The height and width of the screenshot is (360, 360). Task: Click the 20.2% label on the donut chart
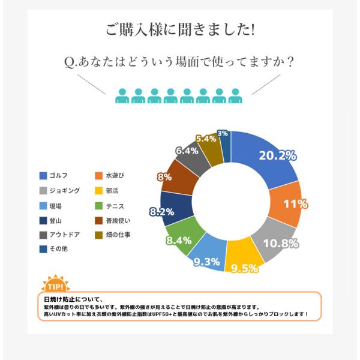click(278, 155)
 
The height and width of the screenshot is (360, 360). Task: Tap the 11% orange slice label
click(296, 203)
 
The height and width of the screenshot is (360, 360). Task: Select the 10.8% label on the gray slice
click(281, 244)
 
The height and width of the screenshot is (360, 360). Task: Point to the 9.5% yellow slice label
click(245, 268)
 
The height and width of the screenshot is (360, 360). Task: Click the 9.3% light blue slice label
click(206, 262)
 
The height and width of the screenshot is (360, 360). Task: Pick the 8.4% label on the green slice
click(179, 241)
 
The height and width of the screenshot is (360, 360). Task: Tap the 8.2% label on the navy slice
click(161, 212)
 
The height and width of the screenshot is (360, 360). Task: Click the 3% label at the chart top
click(223, 133)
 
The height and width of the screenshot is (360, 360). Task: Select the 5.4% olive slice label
click(206, 139)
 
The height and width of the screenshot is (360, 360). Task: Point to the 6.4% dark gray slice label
click(187, 151)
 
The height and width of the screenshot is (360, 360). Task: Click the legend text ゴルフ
click(59, 176)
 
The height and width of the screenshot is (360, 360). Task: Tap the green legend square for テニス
click(99, 206)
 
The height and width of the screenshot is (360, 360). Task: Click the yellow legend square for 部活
click(99, 191)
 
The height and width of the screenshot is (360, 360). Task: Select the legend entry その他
click(53, 249)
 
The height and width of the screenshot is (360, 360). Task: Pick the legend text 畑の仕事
click(118, 235)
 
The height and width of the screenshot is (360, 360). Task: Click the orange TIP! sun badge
click(56, 284)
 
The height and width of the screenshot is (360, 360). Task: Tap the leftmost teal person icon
click(122, 96)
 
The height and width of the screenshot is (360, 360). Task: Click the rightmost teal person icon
click(235, 96)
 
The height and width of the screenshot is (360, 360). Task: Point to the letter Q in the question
click(69, 62)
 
